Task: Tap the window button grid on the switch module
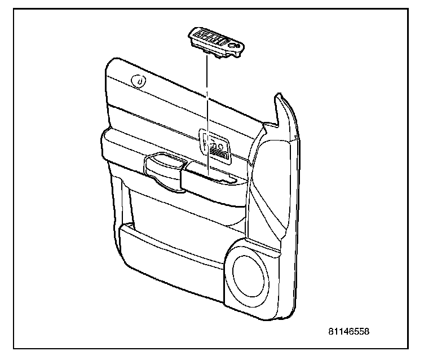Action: coord(212,39)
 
